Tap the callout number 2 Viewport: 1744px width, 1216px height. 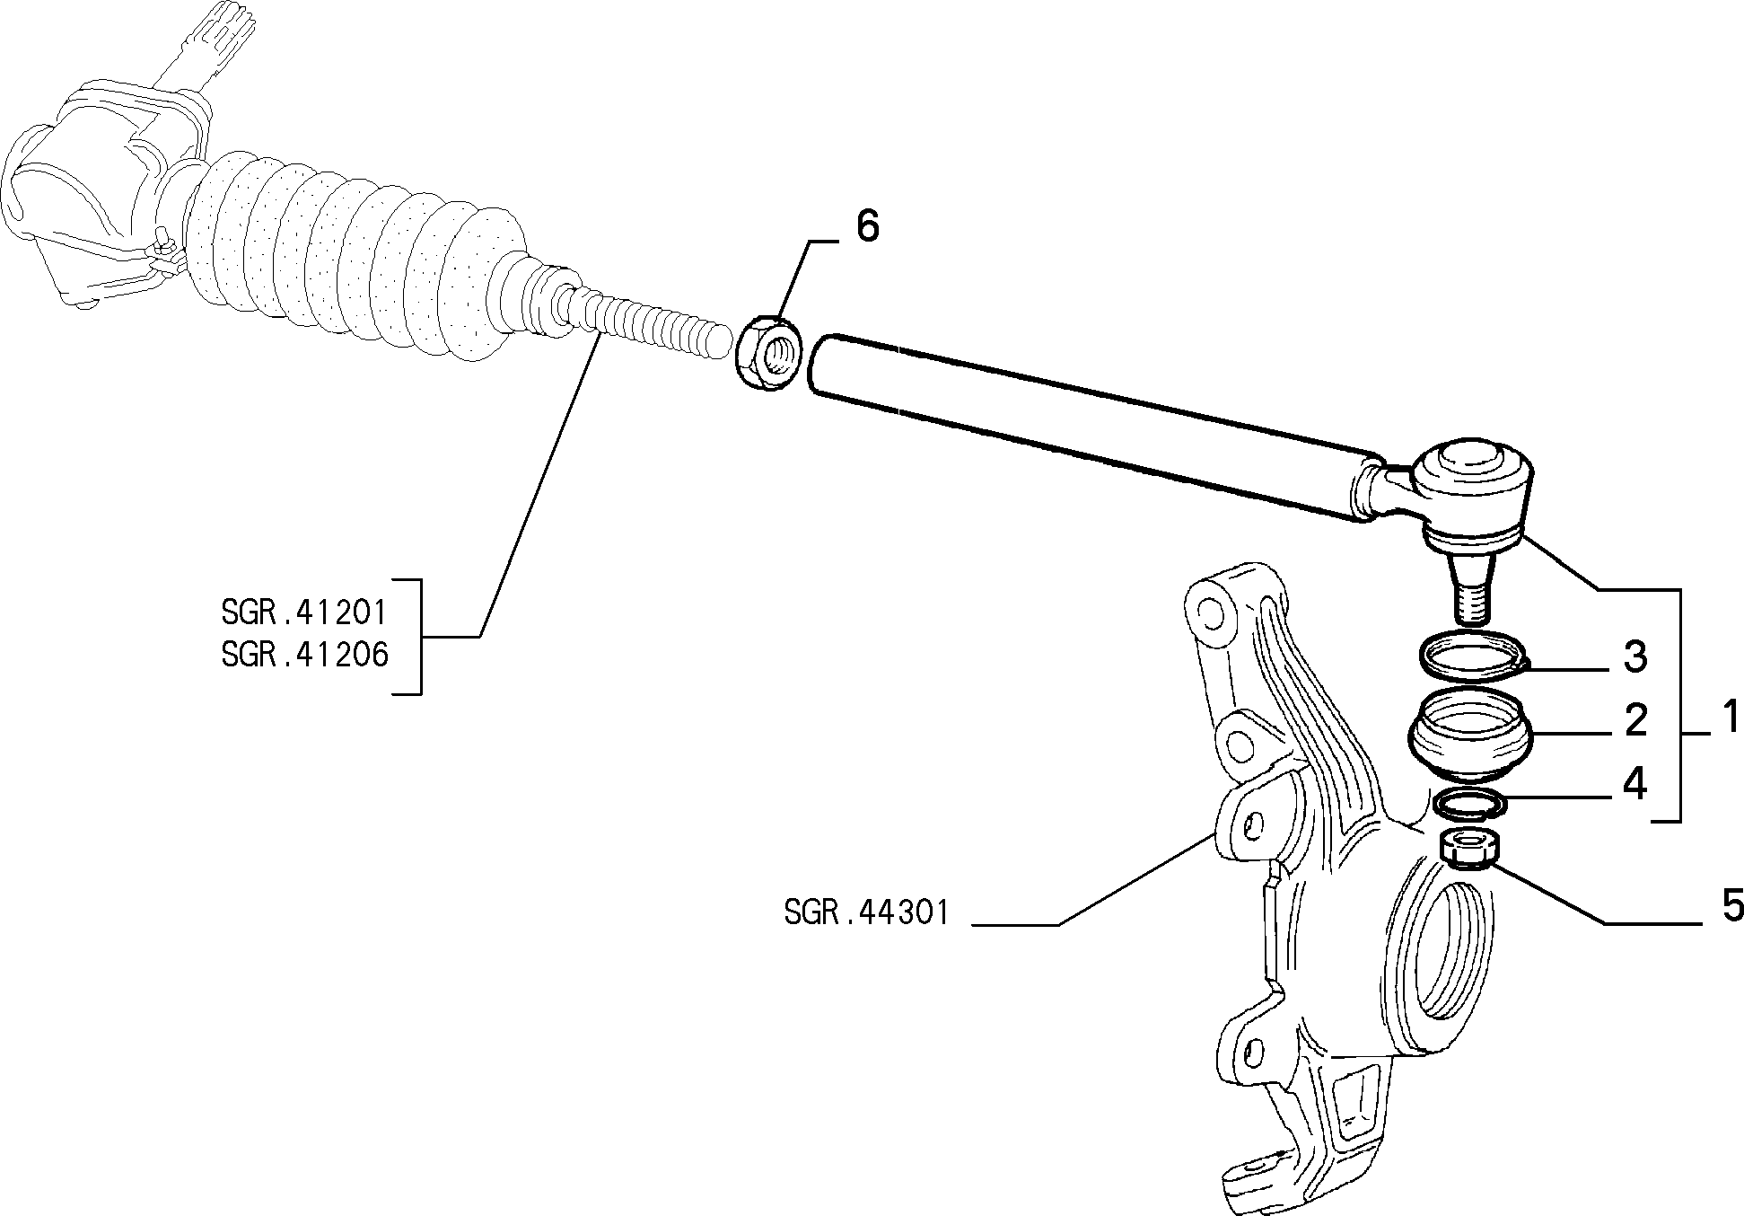click(1636, 719)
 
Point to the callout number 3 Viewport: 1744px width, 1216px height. click(1635, 656)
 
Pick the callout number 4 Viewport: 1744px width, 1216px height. click(1635, 784)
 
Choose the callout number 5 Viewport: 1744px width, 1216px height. click(1731, 905)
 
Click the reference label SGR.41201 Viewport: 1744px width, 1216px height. click(304, 612)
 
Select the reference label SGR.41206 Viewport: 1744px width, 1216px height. click(304, 654)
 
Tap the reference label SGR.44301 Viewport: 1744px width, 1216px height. click(865, 912)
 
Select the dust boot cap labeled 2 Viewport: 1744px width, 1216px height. click(1468, 735)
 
